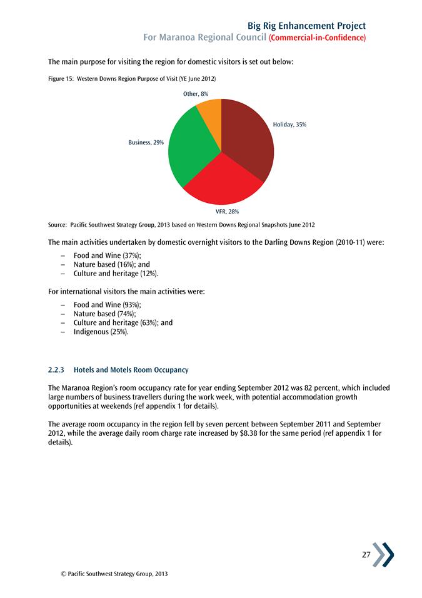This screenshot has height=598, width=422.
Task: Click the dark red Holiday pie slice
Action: [247, 141]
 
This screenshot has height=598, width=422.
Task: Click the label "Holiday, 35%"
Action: [289, 125]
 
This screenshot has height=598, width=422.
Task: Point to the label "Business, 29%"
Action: [146, 143]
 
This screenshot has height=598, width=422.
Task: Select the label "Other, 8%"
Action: [196, 93]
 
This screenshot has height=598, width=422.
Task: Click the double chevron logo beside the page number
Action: [383, 555]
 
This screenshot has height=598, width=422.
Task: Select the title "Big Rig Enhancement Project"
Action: [306, 26]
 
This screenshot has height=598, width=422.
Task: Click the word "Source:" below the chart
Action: [57, 224]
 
